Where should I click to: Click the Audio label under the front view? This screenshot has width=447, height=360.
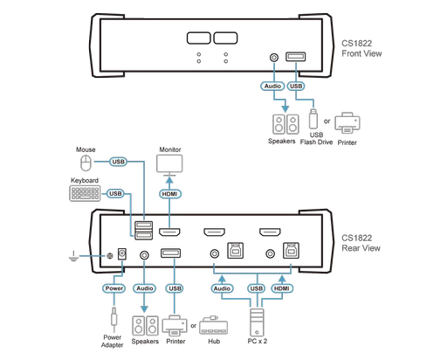(271, 87)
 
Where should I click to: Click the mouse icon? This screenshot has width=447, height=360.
(84, 163)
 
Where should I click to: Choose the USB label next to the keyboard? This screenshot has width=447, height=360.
(114, 192)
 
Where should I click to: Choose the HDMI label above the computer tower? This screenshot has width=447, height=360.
(280, 287)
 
